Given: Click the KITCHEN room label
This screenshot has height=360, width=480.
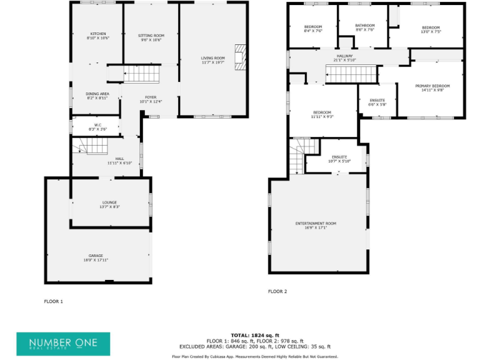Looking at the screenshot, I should point(98,34).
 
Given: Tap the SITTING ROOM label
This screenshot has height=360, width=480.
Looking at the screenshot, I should point(151,36).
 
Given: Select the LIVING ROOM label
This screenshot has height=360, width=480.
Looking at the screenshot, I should point(212,58).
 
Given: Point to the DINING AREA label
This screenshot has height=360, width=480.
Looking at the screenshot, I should point(97,94).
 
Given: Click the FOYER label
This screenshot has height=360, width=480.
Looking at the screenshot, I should point(151,97).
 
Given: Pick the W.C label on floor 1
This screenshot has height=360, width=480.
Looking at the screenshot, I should point(97,125).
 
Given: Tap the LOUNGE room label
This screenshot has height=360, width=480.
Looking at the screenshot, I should point(110,202).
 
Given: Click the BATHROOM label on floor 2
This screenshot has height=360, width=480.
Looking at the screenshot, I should point(364,26).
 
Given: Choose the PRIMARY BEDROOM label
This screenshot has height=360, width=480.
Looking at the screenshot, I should point(432,86).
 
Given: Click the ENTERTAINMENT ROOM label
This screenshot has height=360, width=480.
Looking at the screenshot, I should point(316,223).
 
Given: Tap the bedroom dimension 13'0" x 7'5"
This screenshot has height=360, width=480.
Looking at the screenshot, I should point(431,31).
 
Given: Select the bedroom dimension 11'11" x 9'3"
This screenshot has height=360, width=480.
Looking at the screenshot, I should point(322,117).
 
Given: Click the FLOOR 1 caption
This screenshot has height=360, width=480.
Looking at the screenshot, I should point(53,301).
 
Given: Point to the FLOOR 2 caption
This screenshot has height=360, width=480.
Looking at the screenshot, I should point(277,291).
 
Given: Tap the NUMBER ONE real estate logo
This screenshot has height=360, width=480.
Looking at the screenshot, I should point(63,344).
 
